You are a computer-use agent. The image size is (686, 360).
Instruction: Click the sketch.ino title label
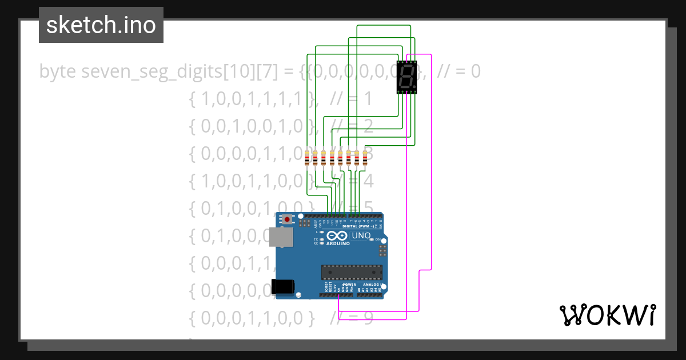pyautogui.click(x=101, y=25)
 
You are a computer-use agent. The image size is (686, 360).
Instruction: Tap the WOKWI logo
pyautogui.click(x=607, y=315)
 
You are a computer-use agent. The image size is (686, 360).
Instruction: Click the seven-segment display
pyautogui.click(x=406, y=77)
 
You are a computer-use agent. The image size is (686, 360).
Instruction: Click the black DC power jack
pyautogui.click(x=284, y=286)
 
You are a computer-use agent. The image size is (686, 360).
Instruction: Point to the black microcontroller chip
pyautogui.click(x=352, y=273)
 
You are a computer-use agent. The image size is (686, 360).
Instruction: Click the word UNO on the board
pyautogui.click(x=361, y=235)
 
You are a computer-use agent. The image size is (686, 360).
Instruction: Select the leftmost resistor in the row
pyautogui.click(x=308, y=158)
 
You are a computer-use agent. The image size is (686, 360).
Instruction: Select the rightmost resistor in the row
pyautogui.click(x=365, y=158)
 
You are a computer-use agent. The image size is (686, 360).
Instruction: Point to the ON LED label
pyautogui.click(x=378, y=239)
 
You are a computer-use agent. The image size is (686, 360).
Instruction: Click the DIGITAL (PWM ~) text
pyautogui.click(x=358, y=226)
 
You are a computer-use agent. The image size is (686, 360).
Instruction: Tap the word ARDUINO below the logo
pyautogui.click(x=337, y=243)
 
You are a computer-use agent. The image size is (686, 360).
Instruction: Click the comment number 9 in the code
pyautogui.click(x=368, y=317)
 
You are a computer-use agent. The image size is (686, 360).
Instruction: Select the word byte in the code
pyautogui.click(x=58, y=71)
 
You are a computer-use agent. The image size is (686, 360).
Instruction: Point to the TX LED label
pyautogui.click(x=316, y=239)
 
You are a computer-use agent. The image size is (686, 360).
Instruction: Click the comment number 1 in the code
pyautogui.click(x=368, y=99)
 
